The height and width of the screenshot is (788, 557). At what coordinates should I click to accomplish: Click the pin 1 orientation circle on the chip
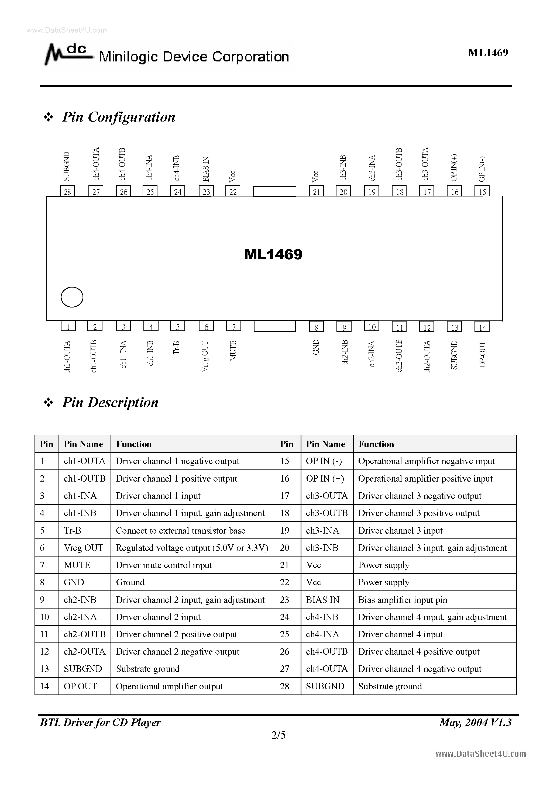pyautogui.click(x=72, y=297)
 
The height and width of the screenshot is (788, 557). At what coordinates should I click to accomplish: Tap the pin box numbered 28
pyautogui.click(x=67, y=191)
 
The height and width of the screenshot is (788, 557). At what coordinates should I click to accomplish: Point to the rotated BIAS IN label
pyautogui.click(x=206, y=169)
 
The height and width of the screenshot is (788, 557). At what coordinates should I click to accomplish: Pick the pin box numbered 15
pyautogui.click(x=482, y=191)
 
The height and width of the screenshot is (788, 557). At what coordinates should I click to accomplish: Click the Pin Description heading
pyautogui.click(x=110, y=402)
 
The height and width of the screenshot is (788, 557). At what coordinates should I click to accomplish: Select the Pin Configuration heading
pyautogui.click(x=118, y=117)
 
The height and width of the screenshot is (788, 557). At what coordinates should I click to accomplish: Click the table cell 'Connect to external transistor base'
pyautogui.click(x=181, y=531)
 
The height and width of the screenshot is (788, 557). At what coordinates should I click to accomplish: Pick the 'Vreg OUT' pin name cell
pyautogui.click(x=84, y=548)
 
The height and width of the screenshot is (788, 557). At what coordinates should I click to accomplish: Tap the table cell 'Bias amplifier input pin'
pyautogui.click(x=403, y=600)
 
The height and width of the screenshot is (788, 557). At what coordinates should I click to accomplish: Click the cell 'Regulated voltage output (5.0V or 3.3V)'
pyautogui.click(x=192, y=548)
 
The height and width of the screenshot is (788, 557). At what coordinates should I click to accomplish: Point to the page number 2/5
pyautogui.click(x=278, y=735)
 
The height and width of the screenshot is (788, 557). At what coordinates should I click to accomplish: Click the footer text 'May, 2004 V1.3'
pyautogui.click(x=475, y=723)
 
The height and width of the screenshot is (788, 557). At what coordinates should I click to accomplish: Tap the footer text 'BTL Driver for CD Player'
pyautogui.click(x=100, y=723)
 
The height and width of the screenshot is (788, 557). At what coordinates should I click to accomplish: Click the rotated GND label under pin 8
pyautogui.click(x=316, y=347)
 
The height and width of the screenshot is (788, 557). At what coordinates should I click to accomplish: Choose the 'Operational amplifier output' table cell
pyautogui.click(x=169, y=686)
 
